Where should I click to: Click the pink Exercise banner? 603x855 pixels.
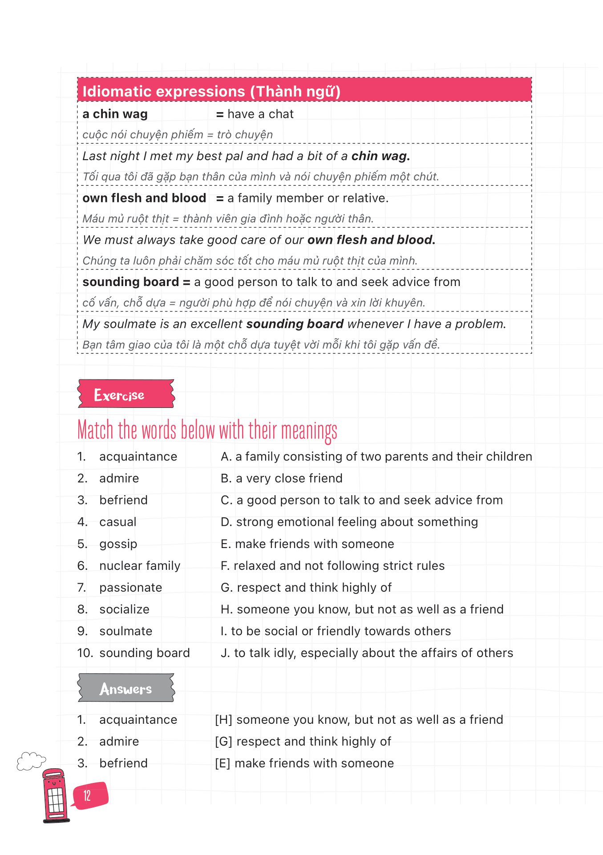[x=126, y=394]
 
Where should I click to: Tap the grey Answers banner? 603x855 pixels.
[x=126, y=688]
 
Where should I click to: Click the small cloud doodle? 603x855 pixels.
[x=31, y=760]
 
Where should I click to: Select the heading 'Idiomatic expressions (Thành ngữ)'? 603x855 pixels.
[x=211, y=91]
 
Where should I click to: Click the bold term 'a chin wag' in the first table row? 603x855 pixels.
[x=115, y=114]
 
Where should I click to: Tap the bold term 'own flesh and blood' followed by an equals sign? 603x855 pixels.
[x=144, y=198]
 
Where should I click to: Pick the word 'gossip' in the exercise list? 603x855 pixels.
[x=118, y=544]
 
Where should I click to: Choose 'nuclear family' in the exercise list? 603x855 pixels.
[x=140, y=566]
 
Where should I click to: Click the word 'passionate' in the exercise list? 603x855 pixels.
[x=130, y=588]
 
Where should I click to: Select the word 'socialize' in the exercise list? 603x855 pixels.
[x=124, y=609]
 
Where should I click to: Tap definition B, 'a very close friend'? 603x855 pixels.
[x=282, y=478]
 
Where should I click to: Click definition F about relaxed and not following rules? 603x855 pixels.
[x=332, y=566]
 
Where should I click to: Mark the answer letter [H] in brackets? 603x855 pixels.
[x=223, y=720]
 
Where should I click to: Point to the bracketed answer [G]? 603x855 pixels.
[x=223, y=742]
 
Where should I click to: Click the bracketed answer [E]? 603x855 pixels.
[x=223, y=763]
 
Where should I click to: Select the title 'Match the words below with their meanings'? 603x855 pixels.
[x=207, y=430]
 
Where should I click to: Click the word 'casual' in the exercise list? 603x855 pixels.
[x=118, y=522]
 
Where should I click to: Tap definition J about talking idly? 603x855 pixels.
[x=367, y=653]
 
